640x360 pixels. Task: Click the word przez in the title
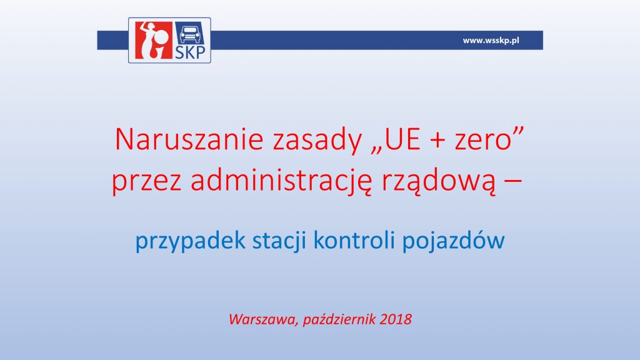[x=146, y=182]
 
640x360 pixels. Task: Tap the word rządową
[x=439, y=182]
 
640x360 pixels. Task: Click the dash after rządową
[x=513, y=182]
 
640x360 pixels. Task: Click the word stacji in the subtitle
[x=279, y=241]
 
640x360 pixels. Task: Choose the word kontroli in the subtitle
[x=354, y=239]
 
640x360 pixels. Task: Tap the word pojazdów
[x=454, y=241]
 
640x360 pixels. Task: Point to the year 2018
[x=396, y=319]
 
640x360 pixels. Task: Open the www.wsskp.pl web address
[x=491, y=41]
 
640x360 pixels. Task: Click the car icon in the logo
[x=190, y=34]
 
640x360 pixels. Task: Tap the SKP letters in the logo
[x=190, y=52]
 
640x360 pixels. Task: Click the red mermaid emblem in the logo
[x=153, y=40]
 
